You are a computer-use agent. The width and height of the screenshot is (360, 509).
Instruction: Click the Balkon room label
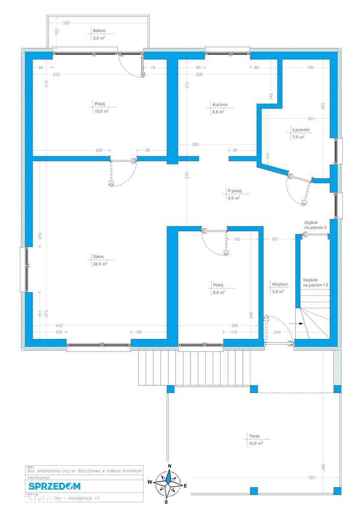pyautogui.click(x=99, y=31)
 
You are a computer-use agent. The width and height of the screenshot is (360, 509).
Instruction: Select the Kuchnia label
pyautogui.click(x=220, y=105)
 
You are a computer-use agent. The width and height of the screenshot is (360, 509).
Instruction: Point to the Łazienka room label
pyautogui.click(x=301, y=130)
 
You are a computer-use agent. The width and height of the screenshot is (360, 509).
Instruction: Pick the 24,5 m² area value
pyautogui.click(x=100, y=264)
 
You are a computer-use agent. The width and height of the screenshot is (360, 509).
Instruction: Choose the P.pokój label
pyautogui.click(x=235, y=192)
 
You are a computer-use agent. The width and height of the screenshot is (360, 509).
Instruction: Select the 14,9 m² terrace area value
pyautogui.click(x=256, y=443)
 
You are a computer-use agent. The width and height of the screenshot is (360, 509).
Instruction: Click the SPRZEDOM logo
pyautogui.click(x=51, y=486)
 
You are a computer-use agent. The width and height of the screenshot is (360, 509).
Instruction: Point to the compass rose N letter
pyautogui.click(x=170, y=467)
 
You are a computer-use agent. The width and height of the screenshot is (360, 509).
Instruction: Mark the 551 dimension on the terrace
pyautogui.click(x=312, y=477)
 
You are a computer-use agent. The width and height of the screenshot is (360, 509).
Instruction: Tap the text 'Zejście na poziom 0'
pyautogui.click(x=315, y=225)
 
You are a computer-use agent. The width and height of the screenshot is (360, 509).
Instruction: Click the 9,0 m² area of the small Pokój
pyautogui.click(x=218, y=292)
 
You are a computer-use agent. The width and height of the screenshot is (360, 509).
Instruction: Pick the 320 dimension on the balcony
pyautogui.click(x=67, y=23)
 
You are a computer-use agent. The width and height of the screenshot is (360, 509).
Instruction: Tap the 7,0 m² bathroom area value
pyautogui.click(x=298, y=137)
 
